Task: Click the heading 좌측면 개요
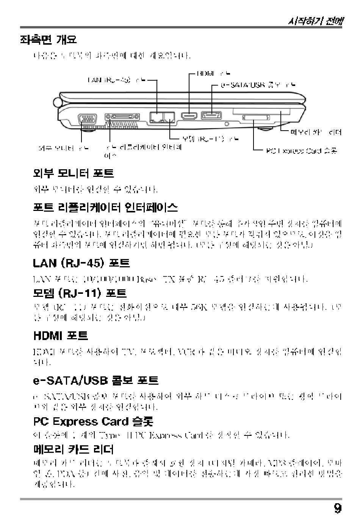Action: click(x=48, y=39)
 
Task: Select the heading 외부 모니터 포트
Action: click(x=74, y=173)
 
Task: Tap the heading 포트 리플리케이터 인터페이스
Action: click(x=105, y=207)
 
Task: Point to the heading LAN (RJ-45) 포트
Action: click(x=81, y=263)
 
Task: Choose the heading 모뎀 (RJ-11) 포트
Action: click(x=80, y=293)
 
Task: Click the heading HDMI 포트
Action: click(x=61, y=335)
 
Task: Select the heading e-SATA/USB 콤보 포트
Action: click(x=95, y=380)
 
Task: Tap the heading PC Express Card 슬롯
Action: click(x=93, y=421)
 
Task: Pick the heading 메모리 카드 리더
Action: click(x=74, y=449)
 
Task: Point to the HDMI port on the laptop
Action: click(x=189, y=116)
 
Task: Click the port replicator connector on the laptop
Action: click(x=122, y=117)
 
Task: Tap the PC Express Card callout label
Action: click(x=301, y=151)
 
